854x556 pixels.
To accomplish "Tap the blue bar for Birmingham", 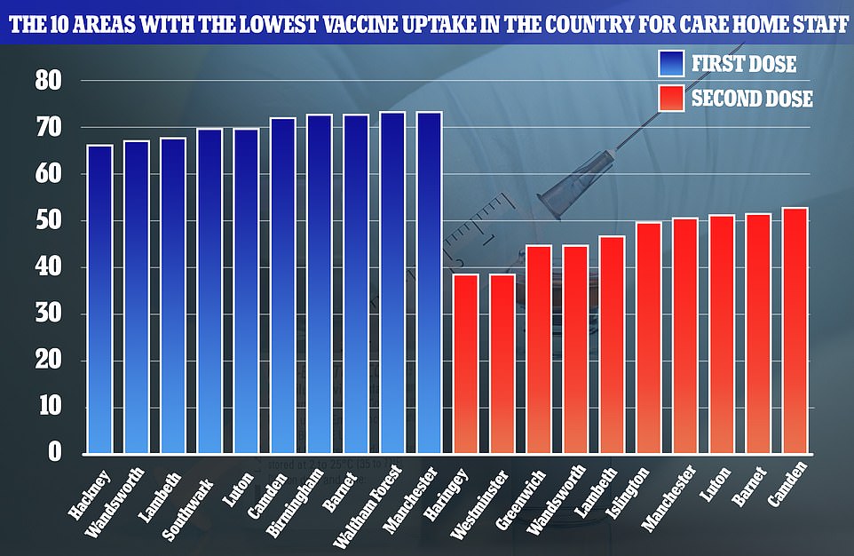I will (x=320, y=284).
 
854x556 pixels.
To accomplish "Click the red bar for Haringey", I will (x=466, y=364).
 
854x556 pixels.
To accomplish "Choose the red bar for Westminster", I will (x=502, y=364).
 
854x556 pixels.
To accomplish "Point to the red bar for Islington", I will (x=649, y=338).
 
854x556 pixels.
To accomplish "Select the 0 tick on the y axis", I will (x=55, y=454).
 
